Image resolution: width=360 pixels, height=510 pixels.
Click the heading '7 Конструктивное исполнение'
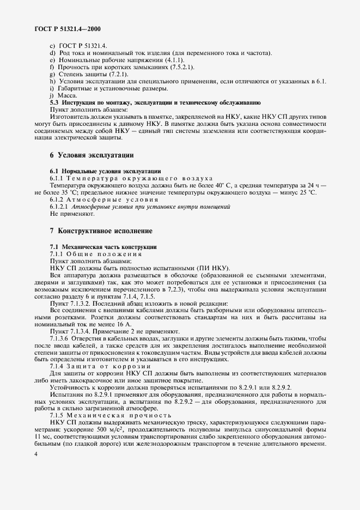97,231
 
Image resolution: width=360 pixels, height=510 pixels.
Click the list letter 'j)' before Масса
52,95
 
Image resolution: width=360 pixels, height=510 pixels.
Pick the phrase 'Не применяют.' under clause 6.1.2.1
69,214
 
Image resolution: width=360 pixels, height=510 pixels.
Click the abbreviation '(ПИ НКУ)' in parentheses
213,269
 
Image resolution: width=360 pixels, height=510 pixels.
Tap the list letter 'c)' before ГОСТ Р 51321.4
52,46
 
